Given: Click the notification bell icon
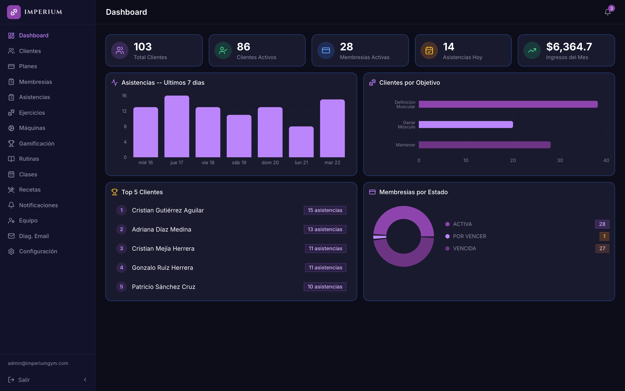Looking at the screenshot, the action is (x=607, y=12).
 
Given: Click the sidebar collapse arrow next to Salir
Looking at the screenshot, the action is (x=85, y=380).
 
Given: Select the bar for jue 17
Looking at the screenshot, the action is (x=177, y=126).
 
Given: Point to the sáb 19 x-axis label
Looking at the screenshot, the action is (x=239, y=162).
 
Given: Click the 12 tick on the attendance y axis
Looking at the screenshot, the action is (x=124, y=111).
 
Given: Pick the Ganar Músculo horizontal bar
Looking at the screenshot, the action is (x=466, y=125).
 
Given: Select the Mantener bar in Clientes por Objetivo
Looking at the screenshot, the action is (x=485, y=145).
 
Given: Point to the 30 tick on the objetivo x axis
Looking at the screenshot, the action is (x=560, y=160).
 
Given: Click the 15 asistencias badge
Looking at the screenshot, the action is (x=325, y=210).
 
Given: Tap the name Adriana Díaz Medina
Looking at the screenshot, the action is (x=161, y=229).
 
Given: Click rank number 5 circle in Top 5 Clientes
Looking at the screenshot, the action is (x=121, y=287).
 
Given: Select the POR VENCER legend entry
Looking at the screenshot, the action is (x=466, y=236).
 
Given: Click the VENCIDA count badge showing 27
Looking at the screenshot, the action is (x=602, y=249).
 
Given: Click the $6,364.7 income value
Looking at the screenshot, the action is (x=569, y=47).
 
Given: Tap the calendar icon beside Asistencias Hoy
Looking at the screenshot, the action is (x=429, y=50).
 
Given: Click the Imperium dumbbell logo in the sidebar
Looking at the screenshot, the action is (x=14, y=12).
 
